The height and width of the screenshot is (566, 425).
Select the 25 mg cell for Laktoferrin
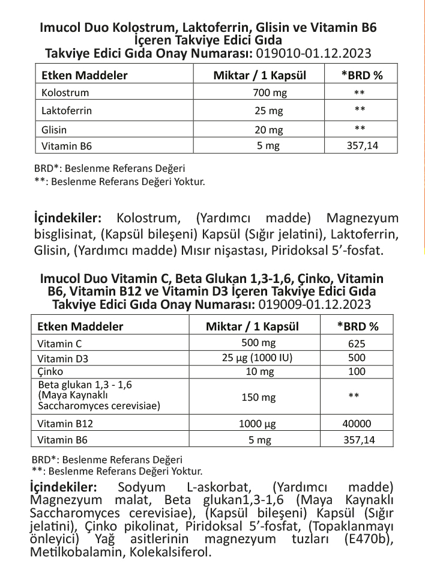pos(268,111)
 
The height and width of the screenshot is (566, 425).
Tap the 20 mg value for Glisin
pos(268,130)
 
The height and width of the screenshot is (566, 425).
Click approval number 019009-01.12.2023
pos(311,305)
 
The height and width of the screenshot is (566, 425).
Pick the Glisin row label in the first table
pos(54,130)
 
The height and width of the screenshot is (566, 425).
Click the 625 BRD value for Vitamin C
pos(357,344)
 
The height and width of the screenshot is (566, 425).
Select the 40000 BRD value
pos(357,423)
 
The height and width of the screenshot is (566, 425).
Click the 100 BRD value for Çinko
pos(357,371)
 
